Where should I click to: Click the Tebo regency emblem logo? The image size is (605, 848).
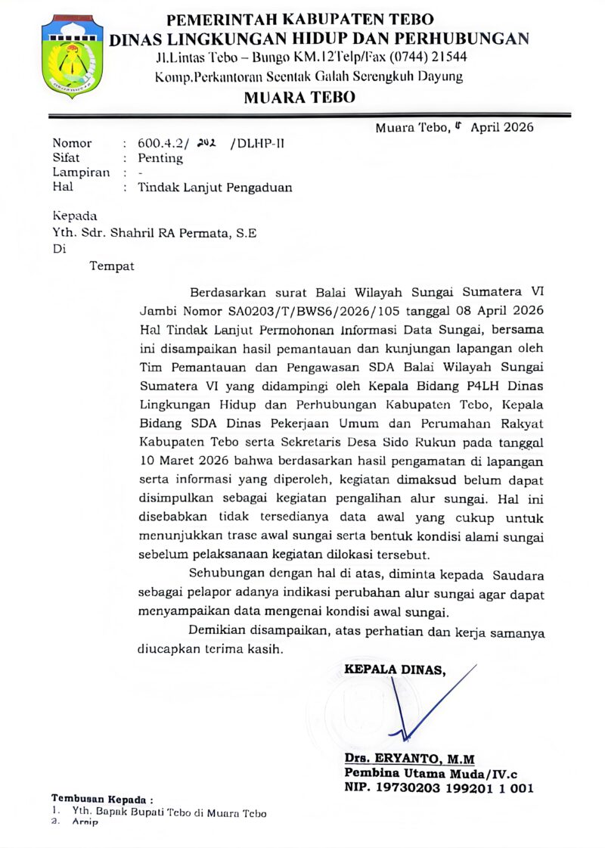tap(72, 57)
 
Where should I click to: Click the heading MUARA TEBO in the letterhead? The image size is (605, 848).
tap(299, 97)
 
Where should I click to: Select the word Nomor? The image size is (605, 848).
tap(72, 143)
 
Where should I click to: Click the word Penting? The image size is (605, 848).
tap(160, 158)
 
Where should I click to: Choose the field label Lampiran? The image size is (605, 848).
tap(81, 172)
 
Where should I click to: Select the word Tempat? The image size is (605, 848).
tap(112, 266)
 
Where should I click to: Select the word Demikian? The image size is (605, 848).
tap(217, 632)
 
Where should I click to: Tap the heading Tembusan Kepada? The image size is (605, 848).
tap(101, 799)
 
